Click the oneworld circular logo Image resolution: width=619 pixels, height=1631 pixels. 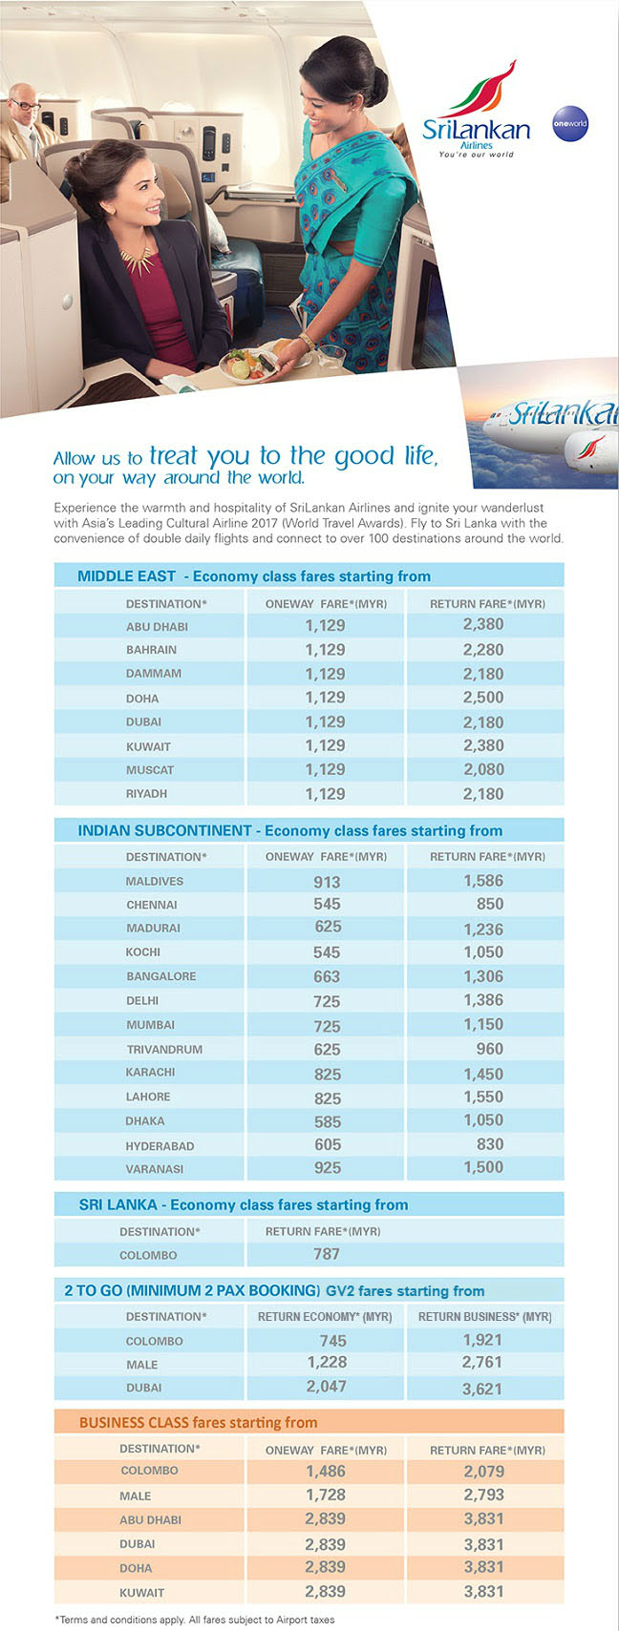pos(569,124)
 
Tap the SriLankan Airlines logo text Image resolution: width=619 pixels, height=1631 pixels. pos(476,131)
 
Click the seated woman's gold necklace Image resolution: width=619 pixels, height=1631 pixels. pos(137,258)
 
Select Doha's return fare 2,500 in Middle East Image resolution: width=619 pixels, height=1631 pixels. pos(482,698)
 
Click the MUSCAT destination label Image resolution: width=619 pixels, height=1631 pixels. pos(150,770)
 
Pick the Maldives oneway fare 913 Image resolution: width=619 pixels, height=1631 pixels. pos(327,882)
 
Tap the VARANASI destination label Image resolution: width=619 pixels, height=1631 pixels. pos(155,1169)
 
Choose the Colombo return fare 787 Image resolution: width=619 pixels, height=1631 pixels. pos(327,1254)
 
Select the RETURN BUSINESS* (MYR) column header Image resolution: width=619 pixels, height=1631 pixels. pos(484,1316)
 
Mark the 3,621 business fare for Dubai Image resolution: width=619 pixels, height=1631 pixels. pos(482,1389)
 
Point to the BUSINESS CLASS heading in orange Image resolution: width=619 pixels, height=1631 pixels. pos(198,1422)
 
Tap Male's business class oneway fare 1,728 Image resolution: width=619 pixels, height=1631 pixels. pos(326,1495)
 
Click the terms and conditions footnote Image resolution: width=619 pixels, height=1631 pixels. pos(195,1619)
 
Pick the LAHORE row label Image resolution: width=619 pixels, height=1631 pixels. pos(148,1098)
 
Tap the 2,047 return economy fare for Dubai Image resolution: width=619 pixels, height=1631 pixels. pos(326,1387)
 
